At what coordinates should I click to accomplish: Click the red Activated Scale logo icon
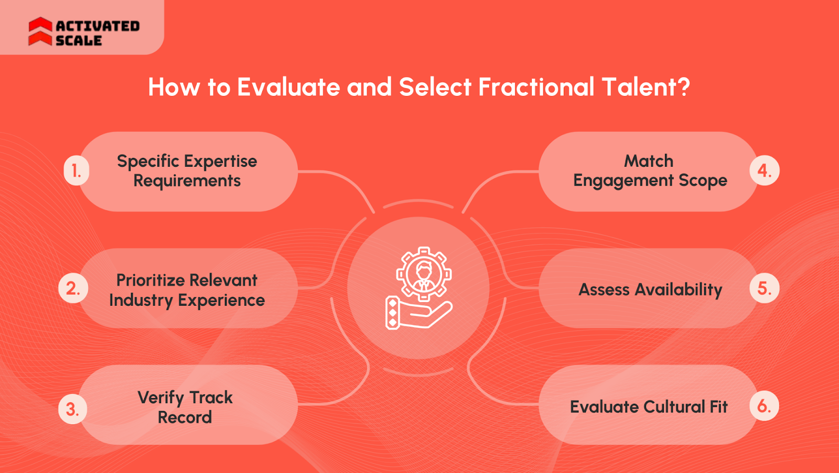point(40,31)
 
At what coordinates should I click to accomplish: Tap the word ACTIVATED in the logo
point(98,26)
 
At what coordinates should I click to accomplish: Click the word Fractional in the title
point(536,87)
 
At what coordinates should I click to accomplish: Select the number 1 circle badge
point(77,171)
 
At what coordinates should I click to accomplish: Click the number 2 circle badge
point(73,288)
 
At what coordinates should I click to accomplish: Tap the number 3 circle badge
point(73,409)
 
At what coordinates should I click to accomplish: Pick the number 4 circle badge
point(765,170)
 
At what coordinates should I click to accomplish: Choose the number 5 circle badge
point(765,288)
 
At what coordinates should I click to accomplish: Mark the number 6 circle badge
point(764,406)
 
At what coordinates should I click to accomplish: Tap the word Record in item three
point(185,417)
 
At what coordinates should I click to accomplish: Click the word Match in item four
point(649,161)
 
